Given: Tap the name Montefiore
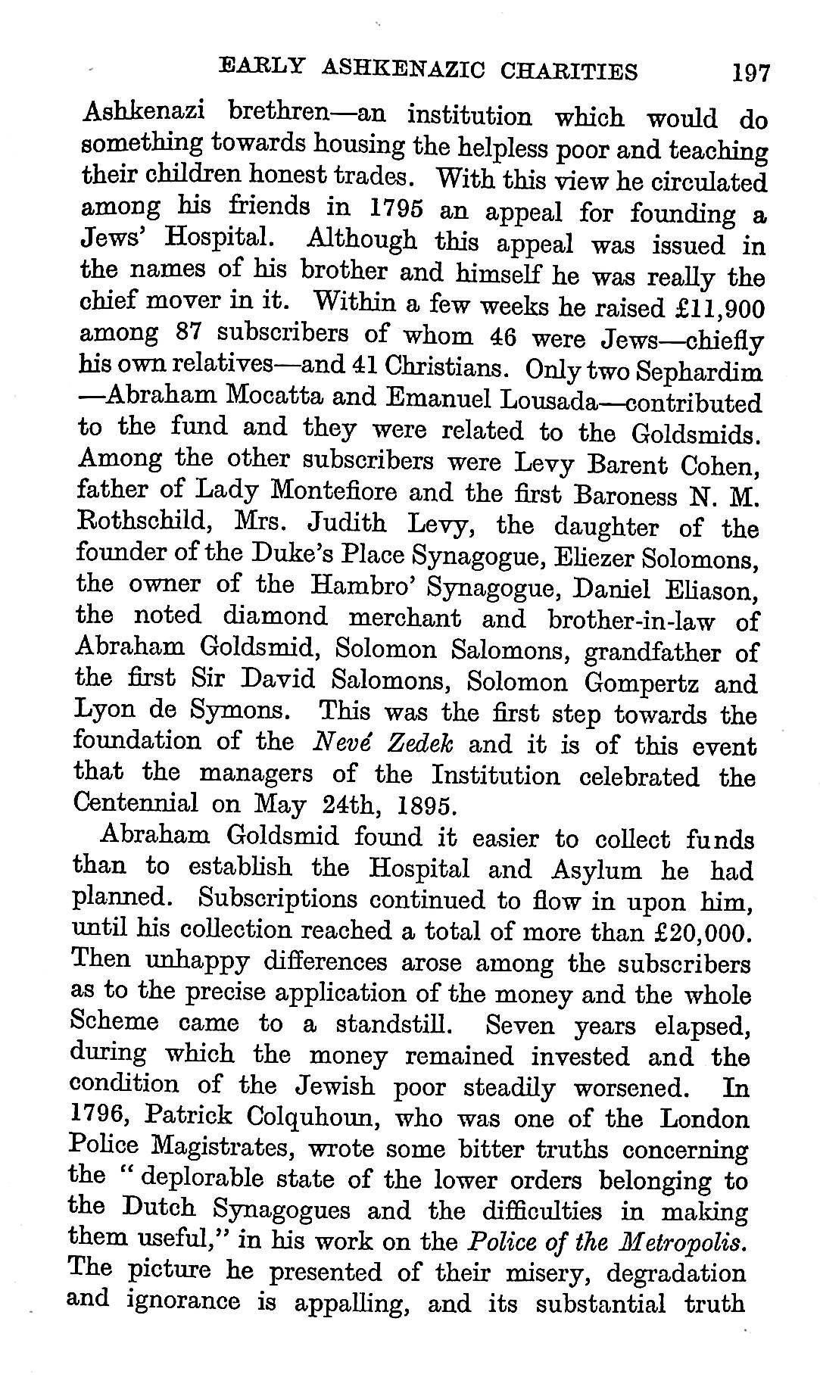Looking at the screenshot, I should tap(297, 491).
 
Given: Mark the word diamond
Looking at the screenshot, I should tap(275, 616).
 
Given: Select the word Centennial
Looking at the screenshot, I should tap(137, 802).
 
